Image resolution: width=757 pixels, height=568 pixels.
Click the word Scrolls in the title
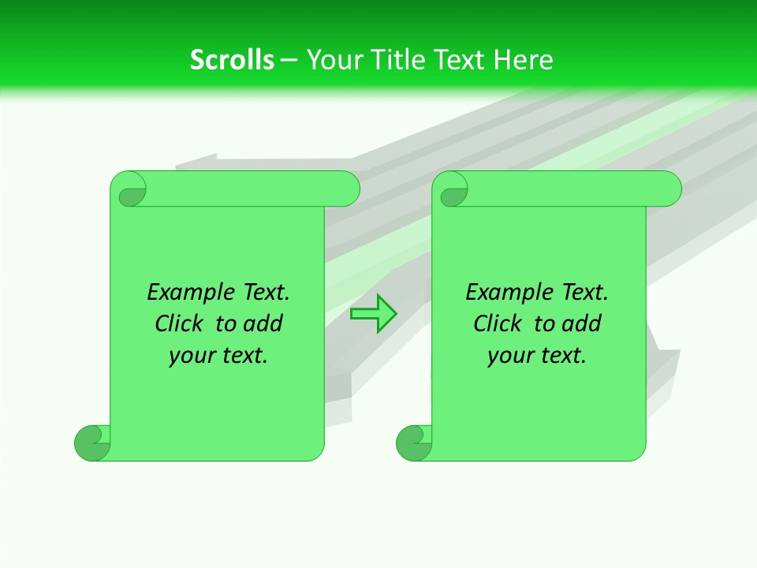232,60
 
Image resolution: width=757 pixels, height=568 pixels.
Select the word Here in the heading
524,60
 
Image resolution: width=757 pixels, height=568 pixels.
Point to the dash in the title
289,60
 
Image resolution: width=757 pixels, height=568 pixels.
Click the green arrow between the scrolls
373,314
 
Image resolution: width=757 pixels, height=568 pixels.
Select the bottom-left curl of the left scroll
91,443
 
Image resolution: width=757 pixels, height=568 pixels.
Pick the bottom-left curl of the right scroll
413,443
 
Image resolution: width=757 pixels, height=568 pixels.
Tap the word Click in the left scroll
180,324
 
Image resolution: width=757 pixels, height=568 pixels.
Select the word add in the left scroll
263,324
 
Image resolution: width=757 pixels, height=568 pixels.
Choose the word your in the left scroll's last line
191,357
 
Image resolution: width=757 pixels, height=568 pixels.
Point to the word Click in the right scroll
498,324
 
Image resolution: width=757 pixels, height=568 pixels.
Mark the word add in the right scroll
581,324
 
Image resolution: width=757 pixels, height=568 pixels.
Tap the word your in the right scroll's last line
509,357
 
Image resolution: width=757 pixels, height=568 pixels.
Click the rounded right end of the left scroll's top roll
347,189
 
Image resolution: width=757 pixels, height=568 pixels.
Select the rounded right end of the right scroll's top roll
669,189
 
